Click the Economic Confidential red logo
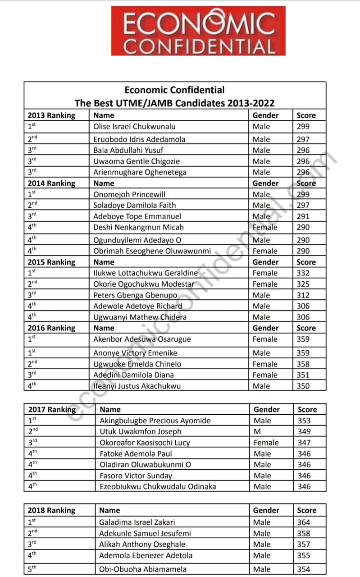(x=198, y=31)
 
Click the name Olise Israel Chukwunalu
(x=134, y=127)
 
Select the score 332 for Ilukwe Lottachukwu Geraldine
(x=303, y=273)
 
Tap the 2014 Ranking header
(x=51, y=183)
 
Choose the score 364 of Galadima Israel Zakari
(x=304, y=522)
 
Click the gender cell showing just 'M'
(x=256, y=431)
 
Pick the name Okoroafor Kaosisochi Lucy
(x=145, y=443)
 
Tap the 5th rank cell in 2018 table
(x=32, y=569)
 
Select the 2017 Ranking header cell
(x=52, y=409)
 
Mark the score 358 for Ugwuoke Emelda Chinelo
(x=303, y=364)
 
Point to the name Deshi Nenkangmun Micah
(x=138, y=227)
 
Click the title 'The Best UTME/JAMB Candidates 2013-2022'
(x=174, y=103)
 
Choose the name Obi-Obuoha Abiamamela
(x=143, y=569)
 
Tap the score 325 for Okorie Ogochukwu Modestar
(x=303, y=284)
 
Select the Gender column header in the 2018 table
(x=266, y=510)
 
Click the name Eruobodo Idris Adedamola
(x=139, y=139)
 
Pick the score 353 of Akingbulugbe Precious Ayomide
(x=304, y=421)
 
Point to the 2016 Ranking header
(x=51, y=328)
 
